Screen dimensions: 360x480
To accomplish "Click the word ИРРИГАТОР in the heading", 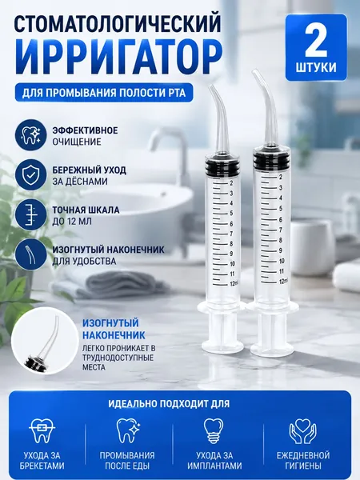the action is point(118,57).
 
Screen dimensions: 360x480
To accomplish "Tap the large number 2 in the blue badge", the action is point(316,42).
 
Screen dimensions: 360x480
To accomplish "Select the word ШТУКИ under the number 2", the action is point(316,67).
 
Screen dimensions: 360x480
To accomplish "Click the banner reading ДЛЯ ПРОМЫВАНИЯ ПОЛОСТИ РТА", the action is point(104,92).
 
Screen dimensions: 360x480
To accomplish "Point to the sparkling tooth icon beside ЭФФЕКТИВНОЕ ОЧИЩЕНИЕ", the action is point(30,135).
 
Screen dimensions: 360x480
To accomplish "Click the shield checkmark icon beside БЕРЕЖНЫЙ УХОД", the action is point(30,174).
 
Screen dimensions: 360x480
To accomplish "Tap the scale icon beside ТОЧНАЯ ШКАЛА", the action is point(30,214).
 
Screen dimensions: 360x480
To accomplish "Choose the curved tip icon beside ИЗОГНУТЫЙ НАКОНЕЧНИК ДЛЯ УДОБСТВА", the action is point(30,254).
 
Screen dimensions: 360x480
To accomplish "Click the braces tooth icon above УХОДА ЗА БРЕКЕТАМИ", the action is point(42,431).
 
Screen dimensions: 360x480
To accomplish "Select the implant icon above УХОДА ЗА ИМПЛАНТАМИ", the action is point(214,431).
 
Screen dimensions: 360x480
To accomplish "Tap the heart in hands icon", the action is point(302,431).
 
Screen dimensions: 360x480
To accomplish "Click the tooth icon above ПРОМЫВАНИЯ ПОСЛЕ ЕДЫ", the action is point(128,431).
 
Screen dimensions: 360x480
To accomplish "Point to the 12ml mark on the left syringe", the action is point(234,284).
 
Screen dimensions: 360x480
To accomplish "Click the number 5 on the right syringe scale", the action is point(281,209).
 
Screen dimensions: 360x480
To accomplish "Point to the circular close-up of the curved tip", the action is point(44,341).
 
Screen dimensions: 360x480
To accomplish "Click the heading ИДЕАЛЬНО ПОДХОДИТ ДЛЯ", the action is point(169,403).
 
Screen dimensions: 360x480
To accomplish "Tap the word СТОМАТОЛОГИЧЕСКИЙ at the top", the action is point(118,25).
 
